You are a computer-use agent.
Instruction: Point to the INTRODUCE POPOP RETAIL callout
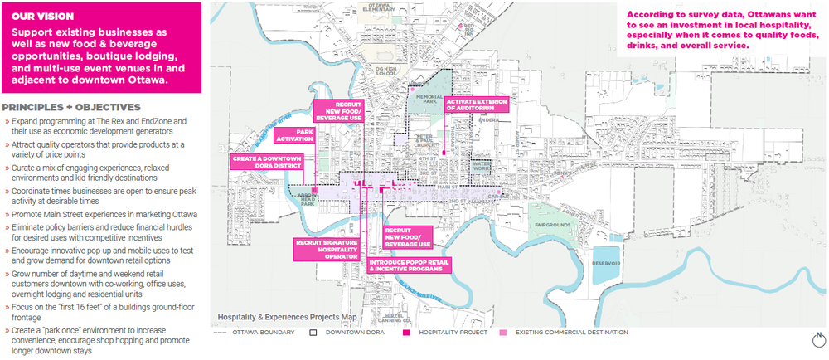(406, 266)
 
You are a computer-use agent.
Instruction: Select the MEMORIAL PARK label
(429, 100)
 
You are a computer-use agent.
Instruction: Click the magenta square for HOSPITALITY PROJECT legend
(405, 333)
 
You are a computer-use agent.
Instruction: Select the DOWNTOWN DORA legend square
(314, 333)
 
